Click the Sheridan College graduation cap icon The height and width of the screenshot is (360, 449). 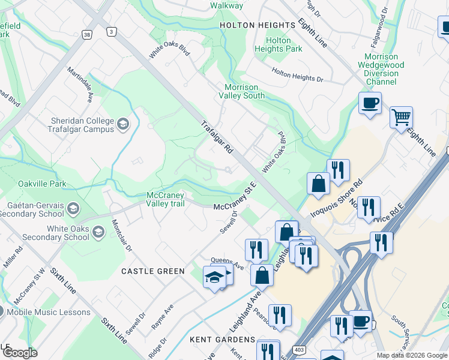123,124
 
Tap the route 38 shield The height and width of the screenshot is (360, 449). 87,35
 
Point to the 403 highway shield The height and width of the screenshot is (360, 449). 298,349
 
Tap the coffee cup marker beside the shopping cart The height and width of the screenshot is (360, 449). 370,103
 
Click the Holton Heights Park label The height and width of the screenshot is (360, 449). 279,44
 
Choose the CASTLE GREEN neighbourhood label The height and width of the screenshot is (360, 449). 153,271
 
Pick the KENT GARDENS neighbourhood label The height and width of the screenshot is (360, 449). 222,339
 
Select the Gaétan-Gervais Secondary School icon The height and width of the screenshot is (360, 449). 73,209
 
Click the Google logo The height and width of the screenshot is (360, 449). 19,353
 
